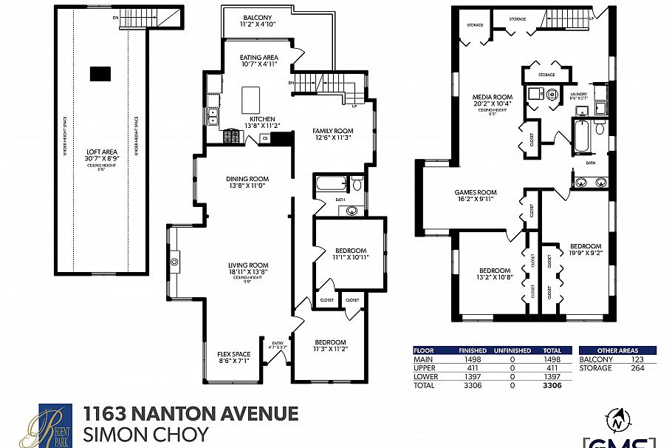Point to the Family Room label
pos(332,131)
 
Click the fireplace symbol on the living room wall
pos(175,261)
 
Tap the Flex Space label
pos(233,354)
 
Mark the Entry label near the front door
pos(278,343)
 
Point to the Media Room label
pos(492,97)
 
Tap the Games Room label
pos(475,192)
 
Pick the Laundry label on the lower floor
pos(579,94)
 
